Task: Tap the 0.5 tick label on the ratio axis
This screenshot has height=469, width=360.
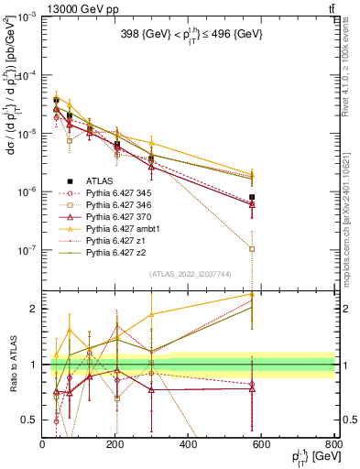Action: (30, 420)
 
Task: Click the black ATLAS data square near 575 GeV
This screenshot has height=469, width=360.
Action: (252, 197)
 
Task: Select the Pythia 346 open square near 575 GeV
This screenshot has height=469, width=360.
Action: (252, 248)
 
